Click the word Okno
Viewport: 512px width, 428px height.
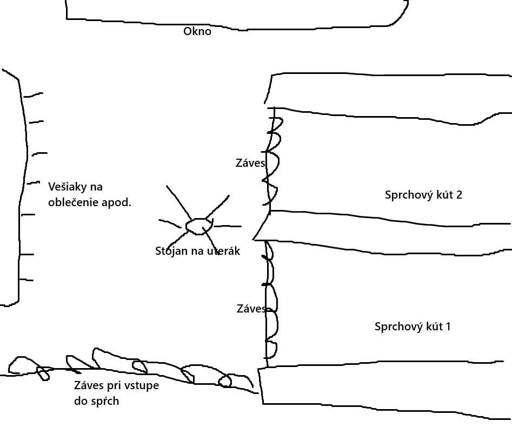[x=197, y=31]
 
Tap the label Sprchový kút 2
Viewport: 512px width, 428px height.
[x=423, y=195]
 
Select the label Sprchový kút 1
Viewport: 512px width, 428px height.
[x=413, y=327]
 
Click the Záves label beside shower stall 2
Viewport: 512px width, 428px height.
[x=250, y=162]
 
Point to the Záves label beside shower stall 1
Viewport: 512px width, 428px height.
[x=251, y=308]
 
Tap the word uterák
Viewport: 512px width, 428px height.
[x=224, y=251]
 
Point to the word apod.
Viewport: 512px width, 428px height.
[x=116, y=203]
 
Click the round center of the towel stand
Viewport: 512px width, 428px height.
[x=199, y=226]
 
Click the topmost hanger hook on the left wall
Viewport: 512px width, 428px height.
[x=33, y=95]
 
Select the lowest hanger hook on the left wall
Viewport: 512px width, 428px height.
[x=26, y=280]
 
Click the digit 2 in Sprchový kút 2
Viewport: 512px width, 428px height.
[x=459, y=195]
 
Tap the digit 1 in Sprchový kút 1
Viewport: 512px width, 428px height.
[x=448, y=327]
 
